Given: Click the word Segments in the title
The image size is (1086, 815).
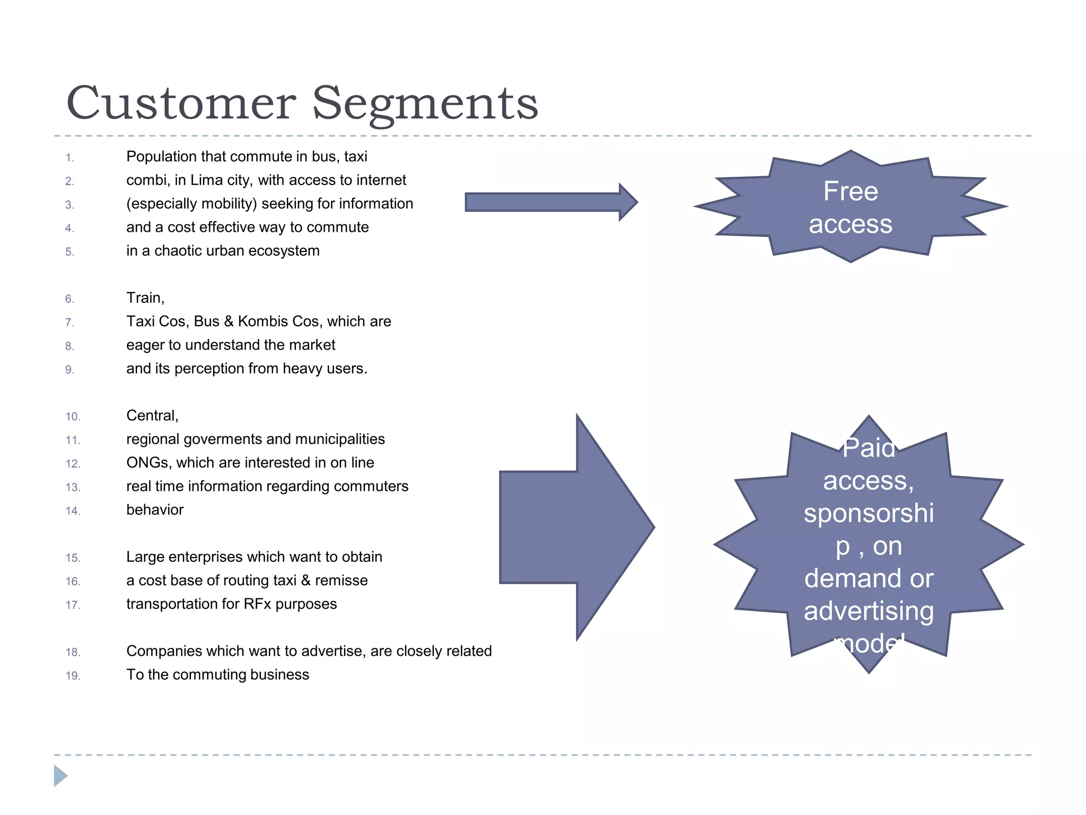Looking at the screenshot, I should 425,103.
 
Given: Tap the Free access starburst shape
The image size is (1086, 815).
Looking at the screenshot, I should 850,207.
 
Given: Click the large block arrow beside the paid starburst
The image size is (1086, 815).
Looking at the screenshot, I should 576,527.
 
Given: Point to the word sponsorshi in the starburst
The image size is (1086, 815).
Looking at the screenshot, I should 869,514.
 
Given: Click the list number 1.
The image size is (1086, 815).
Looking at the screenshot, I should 69,158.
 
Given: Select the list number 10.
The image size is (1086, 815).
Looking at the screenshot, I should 73,417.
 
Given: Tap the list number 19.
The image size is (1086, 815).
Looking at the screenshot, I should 73,675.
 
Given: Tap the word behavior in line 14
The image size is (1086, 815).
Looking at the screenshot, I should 155,510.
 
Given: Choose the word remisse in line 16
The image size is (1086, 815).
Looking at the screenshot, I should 341,580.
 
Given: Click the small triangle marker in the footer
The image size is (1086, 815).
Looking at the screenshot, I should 60,776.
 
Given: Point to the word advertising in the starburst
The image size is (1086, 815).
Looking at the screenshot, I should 869,611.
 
